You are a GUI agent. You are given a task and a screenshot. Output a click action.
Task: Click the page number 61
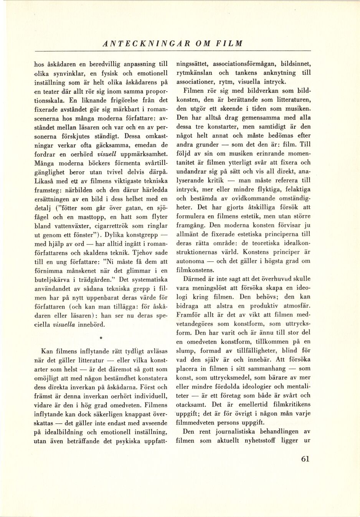pos(305,459)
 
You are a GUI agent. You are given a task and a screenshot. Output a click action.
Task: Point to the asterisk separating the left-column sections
pos(101,339)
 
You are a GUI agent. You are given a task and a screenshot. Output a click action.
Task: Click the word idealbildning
pos(64,432)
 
